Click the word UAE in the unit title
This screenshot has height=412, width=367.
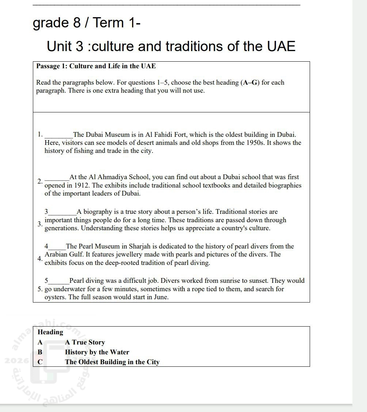click(281, 47)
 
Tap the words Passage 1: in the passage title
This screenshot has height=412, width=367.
click(52, 66)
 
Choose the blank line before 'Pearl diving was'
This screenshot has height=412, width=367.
click(59, 282)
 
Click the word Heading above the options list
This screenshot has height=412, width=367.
click(50, 332)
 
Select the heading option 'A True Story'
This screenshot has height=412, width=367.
click(85, 342)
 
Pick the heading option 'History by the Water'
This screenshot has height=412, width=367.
click(97, 352)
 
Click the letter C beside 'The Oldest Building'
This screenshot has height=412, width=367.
click(40, 362)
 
